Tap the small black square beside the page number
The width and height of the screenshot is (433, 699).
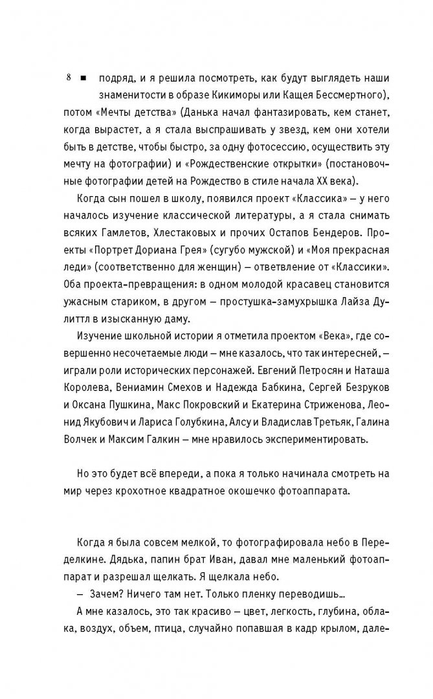click(x=83, y=79)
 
